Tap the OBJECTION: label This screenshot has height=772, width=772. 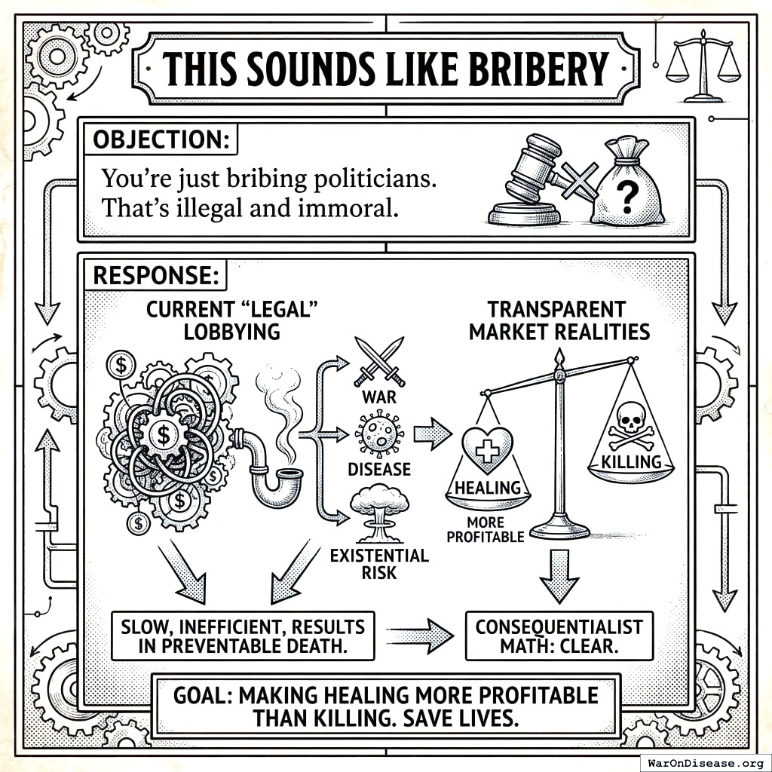pos(160,140)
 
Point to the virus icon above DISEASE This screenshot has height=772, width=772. pos(378,435)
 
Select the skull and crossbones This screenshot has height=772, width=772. pos(630,422)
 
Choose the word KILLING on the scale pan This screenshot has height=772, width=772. pos(631,461)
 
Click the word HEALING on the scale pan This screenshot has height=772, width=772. pos(489,488)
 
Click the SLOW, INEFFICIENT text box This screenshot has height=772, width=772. pos(242,636)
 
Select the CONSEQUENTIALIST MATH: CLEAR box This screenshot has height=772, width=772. pos(559,636)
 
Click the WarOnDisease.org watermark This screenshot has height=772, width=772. pos(704,761)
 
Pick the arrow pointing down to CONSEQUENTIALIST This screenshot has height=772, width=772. pos(559,574)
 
